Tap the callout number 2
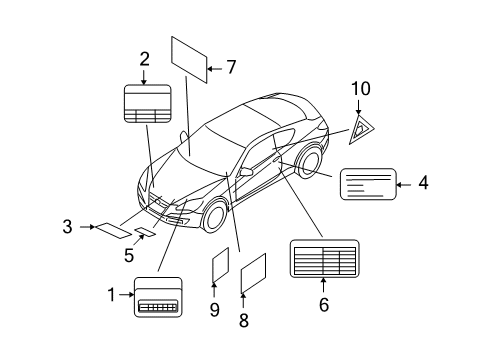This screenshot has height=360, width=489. (144, 59)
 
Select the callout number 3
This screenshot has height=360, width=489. (67, 227)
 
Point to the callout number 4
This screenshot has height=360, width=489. (423, 183)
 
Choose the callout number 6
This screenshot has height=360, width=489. (323, 305)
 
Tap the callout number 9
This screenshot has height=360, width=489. (213, 310)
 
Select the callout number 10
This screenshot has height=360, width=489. (359, 92)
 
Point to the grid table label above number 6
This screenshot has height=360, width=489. (323, 259)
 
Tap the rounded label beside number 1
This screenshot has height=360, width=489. (157, 296)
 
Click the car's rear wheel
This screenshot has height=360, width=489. (309, 163)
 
